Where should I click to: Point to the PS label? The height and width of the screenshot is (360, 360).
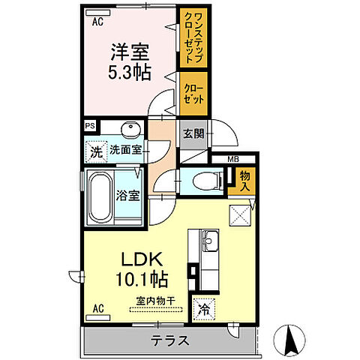pos(91,127)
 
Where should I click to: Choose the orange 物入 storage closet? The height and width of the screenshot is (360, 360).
pos(244,181)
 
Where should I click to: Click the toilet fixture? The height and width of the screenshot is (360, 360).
pos(206,181)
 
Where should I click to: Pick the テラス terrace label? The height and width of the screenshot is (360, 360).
pos(170,340)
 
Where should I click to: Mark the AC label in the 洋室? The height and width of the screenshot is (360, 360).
pos(97,22)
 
